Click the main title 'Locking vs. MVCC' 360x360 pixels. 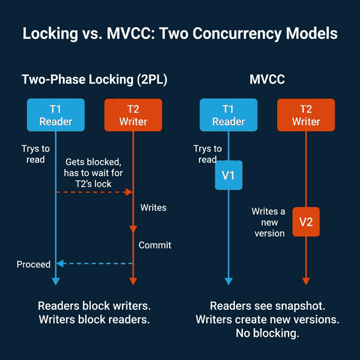pos(180,33)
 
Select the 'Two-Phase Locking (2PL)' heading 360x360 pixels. pos(94,80)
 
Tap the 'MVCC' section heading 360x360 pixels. pos(267,80)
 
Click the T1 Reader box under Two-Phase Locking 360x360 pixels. pos(56,115)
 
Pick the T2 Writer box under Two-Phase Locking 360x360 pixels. pos(133,115)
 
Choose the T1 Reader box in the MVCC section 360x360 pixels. pos(228,115)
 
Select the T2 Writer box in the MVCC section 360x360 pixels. pos(306,115)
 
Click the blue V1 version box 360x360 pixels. pos(228,176)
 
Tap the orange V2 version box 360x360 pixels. pos(306,222)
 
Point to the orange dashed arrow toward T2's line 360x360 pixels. pos(95,192)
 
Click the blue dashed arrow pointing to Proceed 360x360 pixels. pos(95,264)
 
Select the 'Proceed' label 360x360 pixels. pos(34,264)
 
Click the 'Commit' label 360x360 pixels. pos(155,245)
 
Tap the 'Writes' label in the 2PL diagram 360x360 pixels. pos(153,207)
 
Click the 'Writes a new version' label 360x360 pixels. pos(269,222)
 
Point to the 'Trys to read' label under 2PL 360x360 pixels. pos(36,154)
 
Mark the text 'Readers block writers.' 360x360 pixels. pos(94,306)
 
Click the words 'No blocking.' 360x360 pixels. pos(267,334)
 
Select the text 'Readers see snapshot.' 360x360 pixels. pos(267,306)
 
